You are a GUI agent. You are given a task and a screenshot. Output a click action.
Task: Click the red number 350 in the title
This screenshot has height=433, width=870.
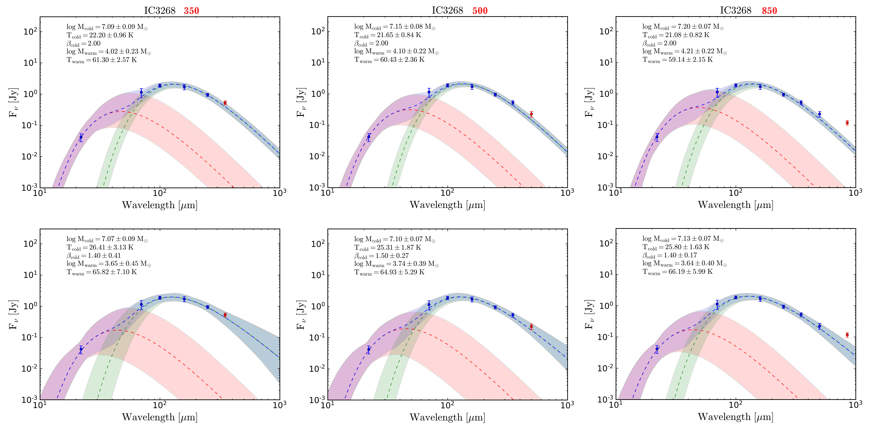[x=191, y=11]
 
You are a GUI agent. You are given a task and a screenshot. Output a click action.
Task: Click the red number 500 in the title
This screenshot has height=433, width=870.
[x=480, y=11]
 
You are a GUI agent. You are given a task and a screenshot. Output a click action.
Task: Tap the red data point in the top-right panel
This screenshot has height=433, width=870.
[x=847, y=123]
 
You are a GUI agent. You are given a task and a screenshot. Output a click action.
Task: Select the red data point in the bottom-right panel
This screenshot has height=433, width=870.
[x=847, y=335]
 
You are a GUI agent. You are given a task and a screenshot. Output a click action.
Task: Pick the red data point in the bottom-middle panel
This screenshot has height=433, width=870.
[x=531, y=326]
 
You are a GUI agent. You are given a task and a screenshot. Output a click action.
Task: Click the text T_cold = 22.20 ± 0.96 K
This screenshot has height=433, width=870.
[x=100, y=35]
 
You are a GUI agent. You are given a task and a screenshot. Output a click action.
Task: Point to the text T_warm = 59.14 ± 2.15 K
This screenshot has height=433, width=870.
[x=677, y=60]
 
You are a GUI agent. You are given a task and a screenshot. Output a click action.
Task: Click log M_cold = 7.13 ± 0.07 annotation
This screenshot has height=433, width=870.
[x=683, y=239]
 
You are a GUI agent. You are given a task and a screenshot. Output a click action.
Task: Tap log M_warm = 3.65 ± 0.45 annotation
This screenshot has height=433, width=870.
[x=109, y=264]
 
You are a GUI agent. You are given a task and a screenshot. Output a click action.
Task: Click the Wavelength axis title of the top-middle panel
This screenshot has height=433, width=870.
[x=447, y=205]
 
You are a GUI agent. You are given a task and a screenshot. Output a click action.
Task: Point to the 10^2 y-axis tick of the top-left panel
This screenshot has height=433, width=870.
[x=30, y=32]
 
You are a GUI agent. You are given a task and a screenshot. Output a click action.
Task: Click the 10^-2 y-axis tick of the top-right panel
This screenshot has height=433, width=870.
[x=606, y=156]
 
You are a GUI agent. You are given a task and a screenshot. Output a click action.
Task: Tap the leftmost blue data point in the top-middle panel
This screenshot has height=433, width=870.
[x=369, y=137]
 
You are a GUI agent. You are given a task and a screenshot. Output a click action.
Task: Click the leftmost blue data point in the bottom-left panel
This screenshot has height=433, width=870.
[x=81, y=349]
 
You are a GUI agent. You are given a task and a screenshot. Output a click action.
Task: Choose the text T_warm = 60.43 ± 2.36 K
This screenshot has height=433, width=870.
[x=389, y=60]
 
